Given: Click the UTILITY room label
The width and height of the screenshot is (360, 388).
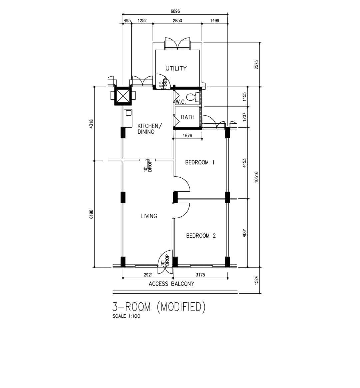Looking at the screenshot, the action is pyautogui.click(x=176, y=69).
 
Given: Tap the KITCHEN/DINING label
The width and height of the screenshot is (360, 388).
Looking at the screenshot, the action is pyautogui.click(x=149, y=129).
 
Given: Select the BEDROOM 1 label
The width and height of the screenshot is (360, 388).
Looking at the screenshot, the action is pyautogui.click(x=200, y=163).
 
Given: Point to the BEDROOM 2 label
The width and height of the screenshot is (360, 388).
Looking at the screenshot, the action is pyautogui.click(x=201, y=236).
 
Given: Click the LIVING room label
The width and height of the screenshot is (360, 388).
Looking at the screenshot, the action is pyautogui.click(x=149, y=216).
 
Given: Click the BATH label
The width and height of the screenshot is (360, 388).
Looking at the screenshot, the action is pyautogui.click(x=188, y=117).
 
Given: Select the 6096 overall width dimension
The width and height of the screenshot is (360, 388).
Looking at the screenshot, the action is pyautogui.click(x=175, y=11).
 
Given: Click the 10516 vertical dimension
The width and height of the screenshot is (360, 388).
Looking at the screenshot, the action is pyautogui.click(x=256, y=177).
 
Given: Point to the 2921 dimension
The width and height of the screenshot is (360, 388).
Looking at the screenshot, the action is pyautogui.click(x=148, y=275).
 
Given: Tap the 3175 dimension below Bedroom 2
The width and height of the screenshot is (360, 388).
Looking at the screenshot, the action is pyautogui.click(x=200, y=275).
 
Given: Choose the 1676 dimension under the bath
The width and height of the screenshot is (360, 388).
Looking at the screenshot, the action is pyautogui.click(x=187, y=136).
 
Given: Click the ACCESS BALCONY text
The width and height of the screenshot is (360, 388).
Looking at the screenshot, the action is pyautogui.click(x=171, y=284).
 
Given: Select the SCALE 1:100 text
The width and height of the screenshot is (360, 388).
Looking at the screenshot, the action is pyautogui.click(x=126, y=316).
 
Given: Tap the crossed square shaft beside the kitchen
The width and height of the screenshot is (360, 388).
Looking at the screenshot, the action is pyautogui.click(x=123, y=96).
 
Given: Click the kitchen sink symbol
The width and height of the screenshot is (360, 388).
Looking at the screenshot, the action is pyautogui.click(x=128, y=113).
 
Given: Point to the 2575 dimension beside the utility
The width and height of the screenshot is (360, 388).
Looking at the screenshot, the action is pyautogui.click(x=256, y=65).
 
